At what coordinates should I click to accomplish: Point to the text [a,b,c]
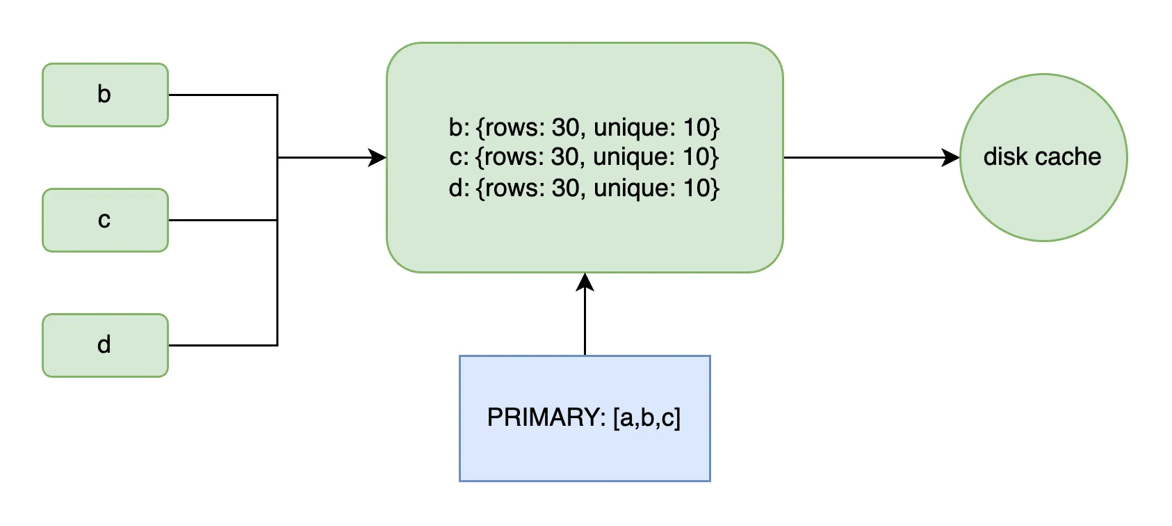coord(647,417)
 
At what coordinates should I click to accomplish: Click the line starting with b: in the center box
coord(584,127)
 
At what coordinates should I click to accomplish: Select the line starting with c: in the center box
coord(584,157)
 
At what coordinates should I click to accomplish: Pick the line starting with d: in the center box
coord(584,188)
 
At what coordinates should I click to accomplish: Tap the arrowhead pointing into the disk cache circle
coord(950,158)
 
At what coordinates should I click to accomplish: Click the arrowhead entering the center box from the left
coord(377,158)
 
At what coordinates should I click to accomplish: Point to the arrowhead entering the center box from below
coord(585,282)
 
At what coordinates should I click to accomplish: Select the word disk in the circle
coord(1006,157)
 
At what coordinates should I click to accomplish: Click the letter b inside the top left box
coord(104,94)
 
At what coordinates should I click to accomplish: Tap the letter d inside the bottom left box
coord(104,344)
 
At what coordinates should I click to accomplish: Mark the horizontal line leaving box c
coord(222,221)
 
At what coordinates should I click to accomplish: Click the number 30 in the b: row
coord(565,127)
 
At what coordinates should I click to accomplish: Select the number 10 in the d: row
coord(697,188)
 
